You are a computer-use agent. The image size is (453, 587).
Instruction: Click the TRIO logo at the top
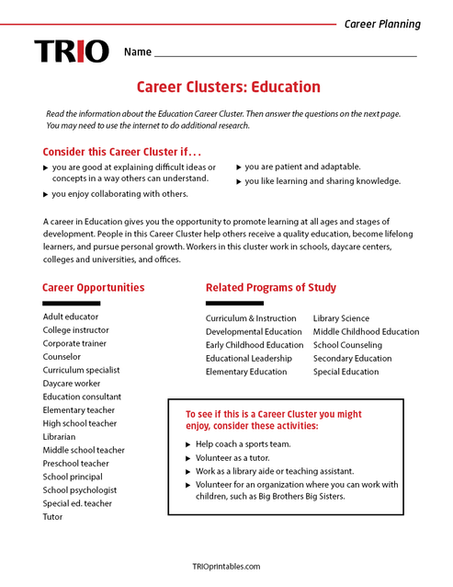tap(71, 52)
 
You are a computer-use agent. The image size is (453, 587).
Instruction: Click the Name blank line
tap(286, 55)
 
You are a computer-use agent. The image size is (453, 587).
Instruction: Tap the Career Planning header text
tap(382, 24)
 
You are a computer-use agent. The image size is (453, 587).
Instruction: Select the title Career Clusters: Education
tap(228, 87)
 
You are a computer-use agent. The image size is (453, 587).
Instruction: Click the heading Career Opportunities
tap(93, 287)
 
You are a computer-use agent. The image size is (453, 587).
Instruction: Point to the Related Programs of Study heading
tap(270, 287)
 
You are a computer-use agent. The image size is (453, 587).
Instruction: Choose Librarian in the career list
tap(60, 436)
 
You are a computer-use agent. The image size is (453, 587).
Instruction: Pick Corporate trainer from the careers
tap(74, 343)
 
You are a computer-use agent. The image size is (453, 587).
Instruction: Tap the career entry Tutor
tap(53, 516)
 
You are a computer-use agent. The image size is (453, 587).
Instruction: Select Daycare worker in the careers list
tap(72, 383)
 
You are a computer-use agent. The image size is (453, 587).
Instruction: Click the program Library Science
tap(341, 318)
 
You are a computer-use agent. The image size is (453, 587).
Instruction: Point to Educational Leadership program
tap(249, 359)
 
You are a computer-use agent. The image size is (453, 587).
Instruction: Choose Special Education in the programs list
tap(345, 372)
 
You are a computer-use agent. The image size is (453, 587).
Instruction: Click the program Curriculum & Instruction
tap(251, 318)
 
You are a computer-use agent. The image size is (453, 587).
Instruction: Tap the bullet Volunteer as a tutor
tap(239, 457)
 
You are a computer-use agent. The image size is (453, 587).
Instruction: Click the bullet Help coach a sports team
tap(243, 443)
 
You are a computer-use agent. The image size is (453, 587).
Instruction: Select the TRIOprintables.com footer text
tap(226, 567)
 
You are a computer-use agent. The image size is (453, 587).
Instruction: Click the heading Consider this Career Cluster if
tap(121, 151)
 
